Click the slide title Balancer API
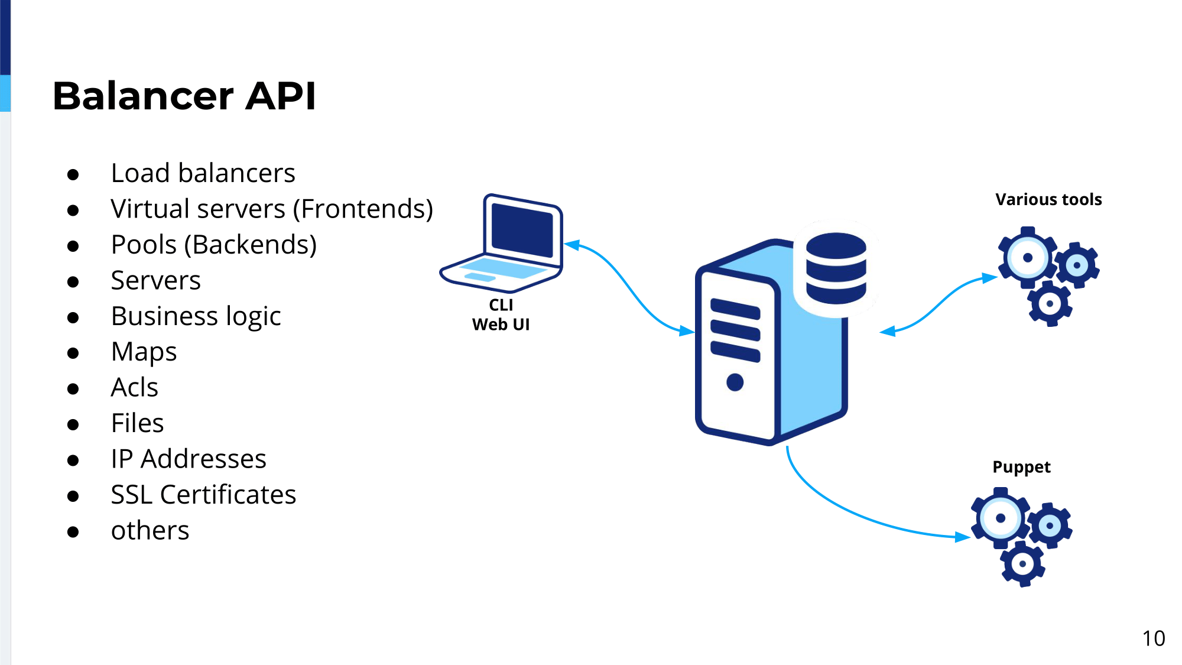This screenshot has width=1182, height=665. pos(184,96)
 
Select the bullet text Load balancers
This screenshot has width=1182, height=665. pos(203,173)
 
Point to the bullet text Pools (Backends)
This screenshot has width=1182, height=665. pos(214,245)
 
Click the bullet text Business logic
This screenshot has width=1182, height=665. pos(196,316)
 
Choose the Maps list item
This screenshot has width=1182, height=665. pos(144,352)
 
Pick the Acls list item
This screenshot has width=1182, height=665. pos(134,388)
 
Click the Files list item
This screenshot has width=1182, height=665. pos(137,423)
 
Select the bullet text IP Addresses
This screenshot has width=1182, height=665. pos(189,459)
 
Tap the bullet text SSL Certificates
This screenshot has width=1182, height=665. pos(203,495)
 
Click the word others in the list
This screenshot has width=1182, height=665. pos(150,531)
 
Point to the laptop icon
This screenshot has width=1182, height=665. pos(501,243)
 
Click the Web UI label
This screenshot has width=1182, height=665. pos(501,325)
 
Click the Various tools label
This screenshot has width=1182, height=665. pos(1048,200)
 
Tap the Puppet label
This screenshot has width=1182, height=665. pos(1021,468)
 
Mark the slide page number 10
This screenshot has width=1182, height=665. pos(1153,638)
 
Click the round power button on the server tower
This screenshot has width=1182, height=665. pos(735,382)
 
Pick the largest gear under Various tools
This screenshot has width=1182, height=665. pos(1027,258)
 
